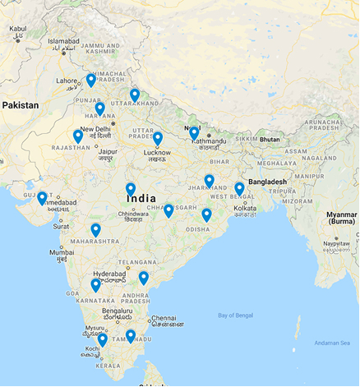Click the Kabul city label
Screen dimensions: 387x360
tap(17, 29)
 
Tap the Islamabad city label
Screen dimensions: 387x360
tap(63, 40)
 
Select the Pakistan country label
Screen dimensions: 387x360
tap(21, 105)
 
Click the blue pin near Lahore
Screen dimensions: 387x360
tap(91, 80)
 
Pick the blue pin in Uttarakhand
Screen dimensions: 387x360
tap(135, 94)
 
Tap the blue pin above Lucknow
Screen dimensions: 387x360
tap(158, 138)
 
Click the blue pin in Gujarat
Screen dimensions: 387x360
tap(42, 197)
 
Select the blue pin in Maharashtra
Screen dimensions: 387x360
tap(96, 229)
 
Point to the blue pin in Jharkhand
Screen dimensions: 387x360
tap(210, 181)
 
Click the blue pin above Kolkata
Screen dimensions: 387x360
tap(239, 188)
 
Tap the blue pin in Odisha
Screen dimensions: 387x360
tap(206, 214)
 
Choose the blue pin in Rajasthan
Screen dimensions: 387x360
tap(78, 136)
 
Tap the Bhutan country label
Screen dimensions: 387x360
tap(270, 141)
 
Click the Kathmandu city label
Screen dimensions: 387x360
tap(210, 141)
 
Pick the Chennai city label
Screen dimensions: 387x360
tap(164, 318)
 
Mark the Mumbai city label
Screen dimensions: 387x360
tap(62, 252)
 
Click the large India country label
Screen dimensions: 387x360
tap(142, 199)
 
